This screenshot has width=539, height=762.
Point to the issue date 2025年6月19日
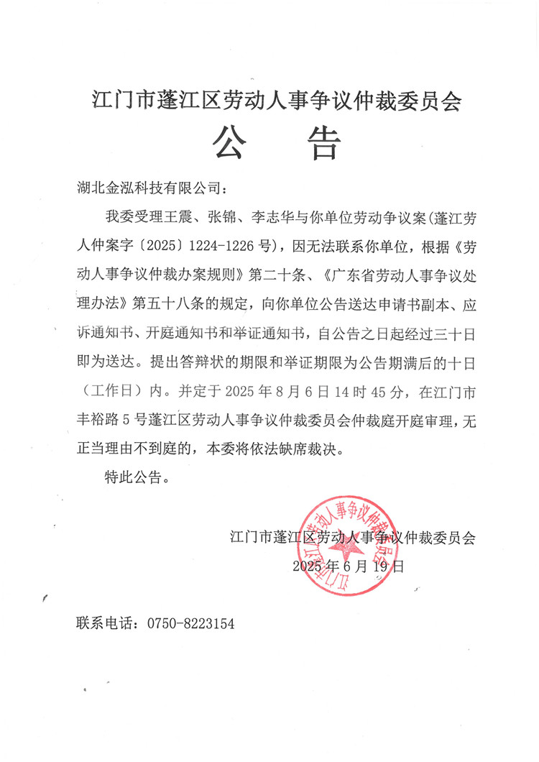(349, 566)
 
